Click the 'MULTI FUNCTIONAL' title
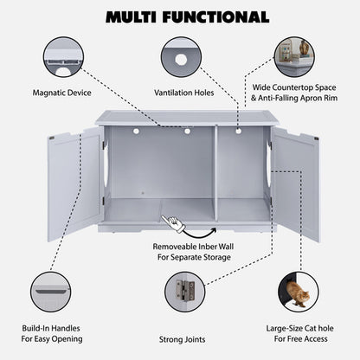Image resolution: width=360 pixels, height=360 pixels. point(180,16)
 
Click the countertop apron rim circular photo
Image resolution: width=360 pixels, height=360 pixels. point(293,55)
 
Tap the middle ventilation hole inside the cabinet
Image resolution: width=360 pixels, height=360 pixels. point(186,132)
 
